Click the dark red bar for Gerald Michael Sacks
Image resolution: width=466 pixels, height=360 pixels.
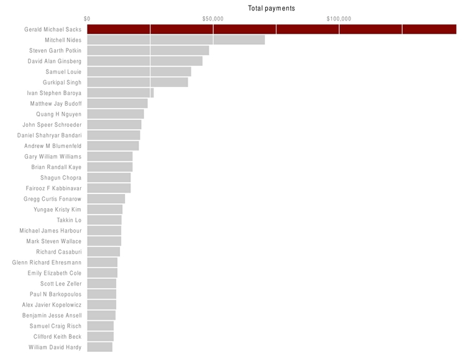[x=272, y=29]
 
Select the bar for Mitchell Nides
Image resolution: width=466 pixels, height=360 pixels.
[x=176, y=40]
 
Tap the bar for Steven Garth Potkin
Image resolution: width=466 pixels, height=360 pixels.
[x=148, y=50]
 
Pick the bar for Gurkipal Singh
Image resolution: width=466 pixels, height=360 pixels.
[x=137, y=82]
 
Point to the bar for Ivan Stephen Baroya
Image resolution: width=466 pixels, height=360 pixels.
[x=120, y=93]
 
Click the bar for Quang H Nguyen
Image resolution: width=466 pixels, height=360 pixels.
[x=116, y=114]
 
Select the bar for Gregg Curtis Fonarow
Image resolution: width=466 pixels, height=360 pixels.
[x=106, y=199]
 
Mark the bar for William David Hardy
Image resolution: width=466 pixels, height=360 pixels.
[x=99, y=347]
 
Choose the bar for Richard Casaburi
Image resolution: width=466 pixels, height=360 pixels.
[x=103, y=252]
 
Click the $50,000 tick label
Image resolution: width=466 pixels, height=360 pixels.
[x=212, y=19]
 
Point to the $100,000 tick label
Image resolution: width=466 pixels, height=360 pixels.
[x=339, y=19]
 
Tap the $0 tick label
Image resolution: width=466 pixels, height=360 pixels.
[x=87, y=19]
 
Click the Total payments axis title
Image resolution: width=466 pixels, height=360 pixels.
[x=272, y=8]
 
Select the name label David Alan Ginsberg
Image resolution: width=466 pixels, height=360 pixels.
[x=55, y=61]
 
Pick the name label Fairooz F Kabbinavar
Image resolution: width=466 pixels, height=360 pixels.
[x=53, y=188]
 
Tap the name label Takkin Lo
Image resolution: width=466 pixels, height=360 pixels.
[x=69, y=220]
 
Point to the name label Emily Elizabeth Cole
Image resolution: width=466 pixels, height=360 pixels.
[x=55, y=273]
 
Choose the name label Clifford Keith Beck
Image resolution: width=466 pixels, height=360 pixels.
[x=57, y=336]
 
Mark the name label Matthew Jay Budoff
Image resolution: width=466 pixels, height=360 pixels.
[x=56, y=103]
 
